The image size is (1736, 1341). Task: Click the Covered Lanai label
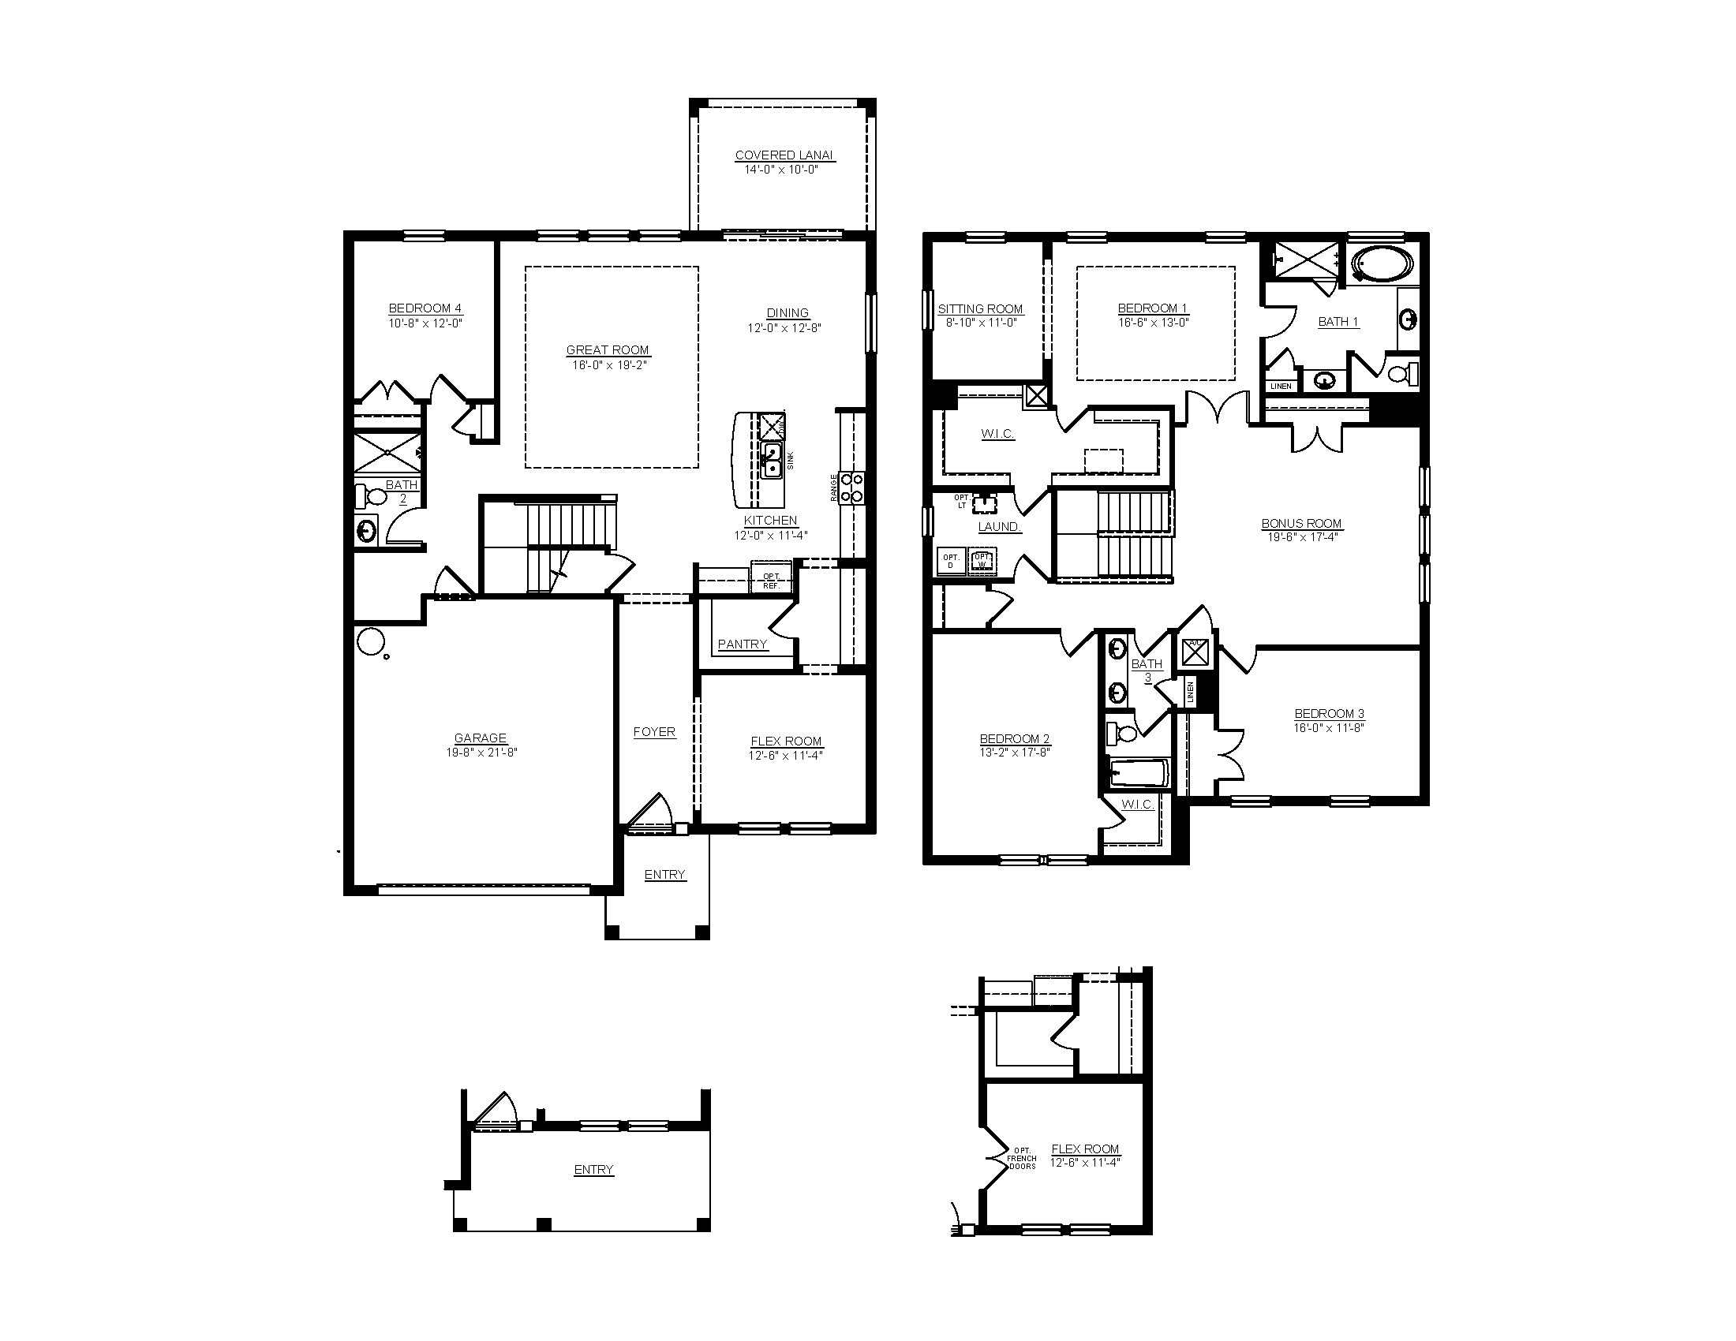click(783, 155)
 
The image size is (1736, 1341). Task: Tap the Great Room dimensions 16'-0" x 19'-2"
click(608, 365)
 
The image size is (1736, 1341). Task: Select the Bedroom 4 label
click(425, 308)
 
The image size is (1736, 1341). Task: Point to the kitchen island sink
click(771, 460)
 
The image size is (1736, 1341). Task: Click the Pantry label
click(743, 644)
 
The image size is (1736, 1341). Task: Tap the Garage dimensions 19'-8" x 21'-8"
click(481, 753)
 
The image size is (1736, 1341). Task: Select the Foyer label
click(654, 732)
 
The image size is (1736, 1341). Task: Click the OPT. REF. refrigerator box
click(771, 581)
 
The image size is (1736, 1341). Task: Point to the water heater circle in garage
click(370, 641)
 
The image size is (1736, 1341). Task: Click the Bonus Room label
click(1301, 524)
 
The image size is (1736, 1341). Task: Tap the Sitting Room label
click(980, 309)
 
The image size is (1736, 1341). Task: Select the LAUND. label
click(999, 527)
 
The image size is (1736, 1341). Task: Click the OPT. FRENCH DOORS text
click(1021, 1158)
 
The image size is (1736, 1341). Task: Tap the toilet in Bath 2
click(370, 497)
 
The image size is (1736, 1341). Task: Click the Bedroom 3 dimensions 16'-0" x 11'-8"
click(1328, 728)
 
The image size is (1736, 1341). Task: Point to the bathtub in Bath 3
click(1138, 773)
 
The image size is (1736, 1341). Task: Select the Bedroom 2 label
click(1014, 739)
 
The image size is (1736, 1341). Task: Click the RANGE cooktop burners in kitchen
click(852, 487)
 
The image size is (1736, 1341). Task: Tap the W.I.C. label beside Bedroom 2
click(1136, 805)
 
